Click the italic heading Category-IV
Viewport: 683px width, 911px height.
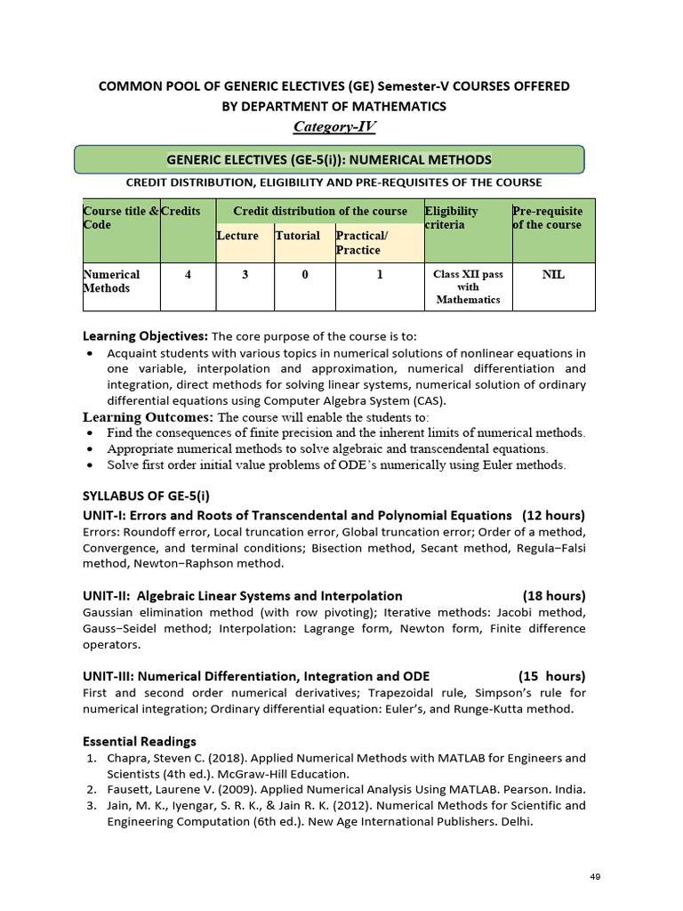pos(333,126)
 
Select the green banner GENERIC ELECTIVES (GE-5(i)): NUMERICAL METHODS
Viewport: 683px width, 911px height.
pos(329,160)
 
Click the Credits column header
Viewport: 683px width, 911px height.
pos(181,212)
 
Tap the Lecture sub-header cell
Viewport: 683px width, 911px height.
pos(237,236)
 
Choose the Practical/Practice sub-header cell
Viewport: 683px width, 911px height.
pos(362,243)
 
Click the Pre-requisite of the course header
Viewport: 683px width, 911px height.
pos(548,218)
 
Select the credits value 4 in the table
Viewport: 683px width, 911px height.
pos(188,275)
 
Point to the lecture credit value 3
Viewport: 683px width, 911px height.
pos(245,275)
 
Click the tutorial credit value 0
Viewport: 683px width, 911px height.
pos(304,275)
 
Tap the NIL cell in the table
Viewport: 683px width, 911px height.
pos(553,275)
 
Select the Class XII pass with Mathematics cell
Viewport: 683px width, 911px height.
pos(468,287)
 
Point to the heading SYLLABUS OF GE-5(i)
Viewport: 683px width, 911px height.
pos(146,496)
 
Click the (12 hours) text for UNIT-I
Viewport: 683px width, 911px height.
pos(553,516)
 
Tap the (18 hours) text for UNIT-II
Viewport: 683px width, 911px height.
pos(553,595)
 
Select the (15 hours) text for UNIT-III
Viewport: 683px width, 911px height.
pos(551,675)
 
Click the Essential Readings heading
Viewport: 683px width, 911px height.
pos(139,741)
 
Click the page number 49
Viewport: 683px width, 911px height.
pos(596,877)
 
